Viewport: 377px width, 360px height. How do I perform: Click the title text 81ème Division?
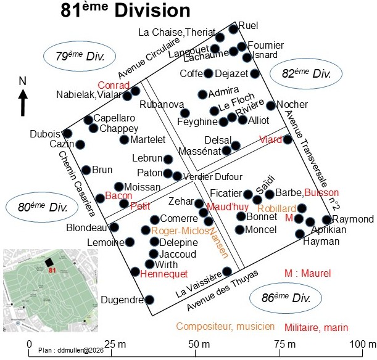(x=125, y=10)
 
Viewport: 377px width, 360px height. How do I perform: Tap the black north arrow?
(x=23, y=102)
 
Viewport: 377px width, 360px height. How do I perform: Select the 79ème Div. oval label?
(x=80, y=56)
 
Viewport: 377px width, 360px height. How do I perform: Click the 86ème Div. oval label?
(x=286, y=298)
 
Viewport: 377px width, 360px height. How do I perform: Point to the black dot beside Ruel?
(x=233, y=30)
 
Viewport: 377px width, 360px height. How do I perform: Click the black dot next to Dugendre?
(x=149, y=300)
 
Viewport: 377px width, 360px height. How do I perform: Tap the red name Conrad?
(x=114, y=85)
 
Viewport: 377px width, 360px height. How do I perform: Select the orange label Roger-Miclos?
(x=180, y=231)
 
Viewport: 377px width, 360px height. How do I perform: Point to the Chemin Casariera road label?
(x=77, y=184)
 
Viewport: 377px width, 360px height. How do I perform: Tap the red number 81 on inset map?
(x=52, y=270)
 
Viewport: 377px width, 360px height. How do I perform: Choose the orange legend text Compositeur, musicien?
(x=225, y=326)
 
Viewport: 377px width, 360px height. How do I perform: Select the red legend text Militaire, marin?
(x=316, y=327)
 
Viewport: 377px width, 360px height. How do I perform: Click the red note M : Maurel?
(x=307, y=273)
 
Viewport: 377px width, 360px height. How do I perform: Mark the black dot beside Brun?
(x=86, y=170)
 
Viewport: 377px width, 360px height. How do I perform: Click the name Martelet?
(x=148, y=139)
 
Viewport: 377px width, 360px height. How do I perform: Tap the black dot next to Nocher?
(x=271, y=105)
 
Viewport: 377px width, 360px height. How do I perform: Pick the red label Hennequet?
(x=164, y=274)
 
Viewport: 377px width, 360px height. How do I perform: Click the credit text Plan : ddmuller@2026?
(x=71, y=350)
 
